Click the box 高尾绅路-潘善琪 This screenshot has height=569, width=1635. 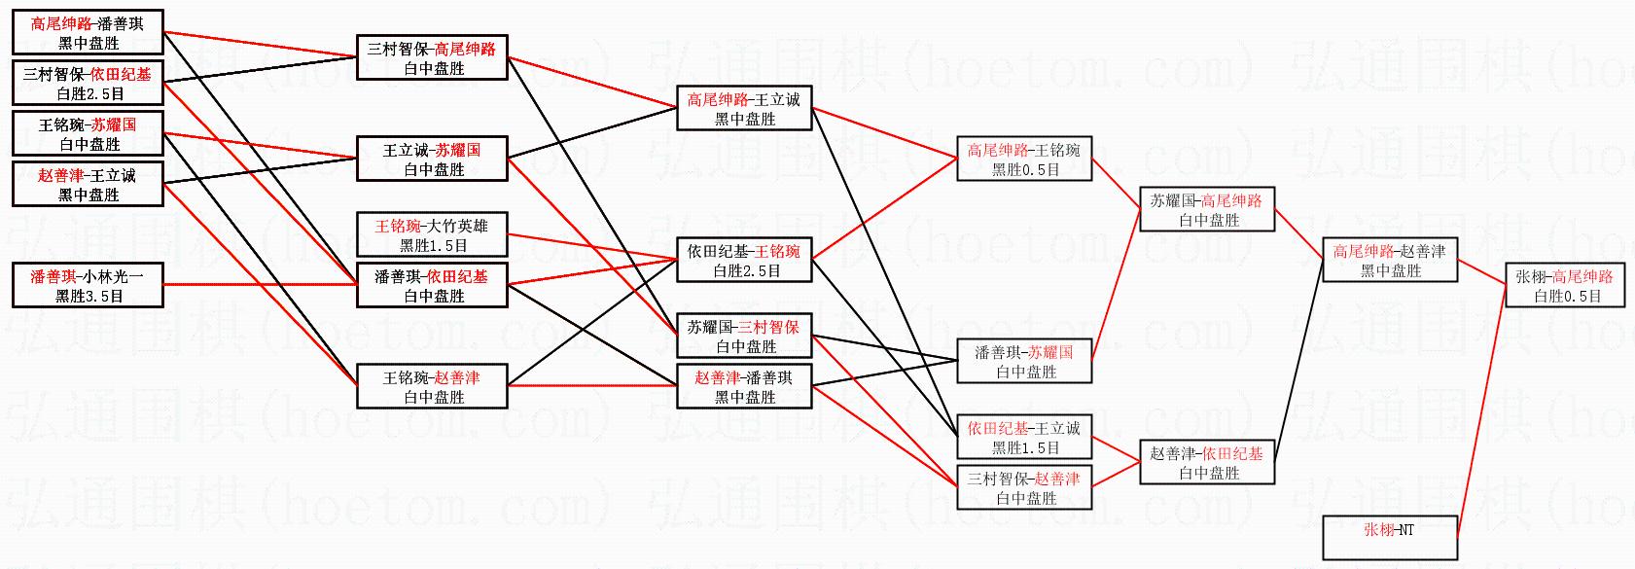coord(88,33)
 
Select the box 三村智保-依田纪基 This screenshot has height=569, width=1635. coord(88,84)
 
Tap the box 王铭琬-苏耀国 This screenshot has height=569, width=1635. coord(88,134)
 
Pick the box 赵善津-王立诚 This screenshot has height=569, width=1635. coord(88,185)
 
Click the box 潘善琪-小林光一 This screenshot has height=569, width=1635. coord(88,286)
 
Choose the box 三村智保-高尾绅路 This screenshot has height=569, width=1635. coord(433,58)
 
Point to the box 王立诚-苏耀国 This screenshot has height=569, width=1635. coord(433,160)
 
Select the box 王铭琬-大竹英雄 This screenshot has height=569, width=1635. coord(433,235)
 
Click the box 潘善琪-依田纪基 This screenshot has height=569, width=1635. coord(433,286)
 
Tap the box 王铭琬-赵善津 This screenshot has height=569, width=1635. coord(433,387)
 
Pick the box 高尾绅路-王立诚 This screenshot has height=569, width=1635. coord(744,109)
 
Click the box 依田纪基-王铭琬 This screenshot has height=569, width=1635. coord(744,261)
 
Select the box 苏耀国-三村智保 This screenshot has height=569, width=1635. coord(744,337)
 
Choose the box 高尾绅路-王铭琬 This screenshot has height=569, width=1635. coord(1024,160)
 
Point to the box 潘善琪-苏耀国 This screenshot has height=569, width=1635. coord(1024,362)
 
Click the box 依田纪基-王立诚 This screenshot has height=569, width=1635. coord(1024,438)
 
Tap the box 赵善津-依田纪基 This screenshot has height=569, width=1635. coord(1207,463)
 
